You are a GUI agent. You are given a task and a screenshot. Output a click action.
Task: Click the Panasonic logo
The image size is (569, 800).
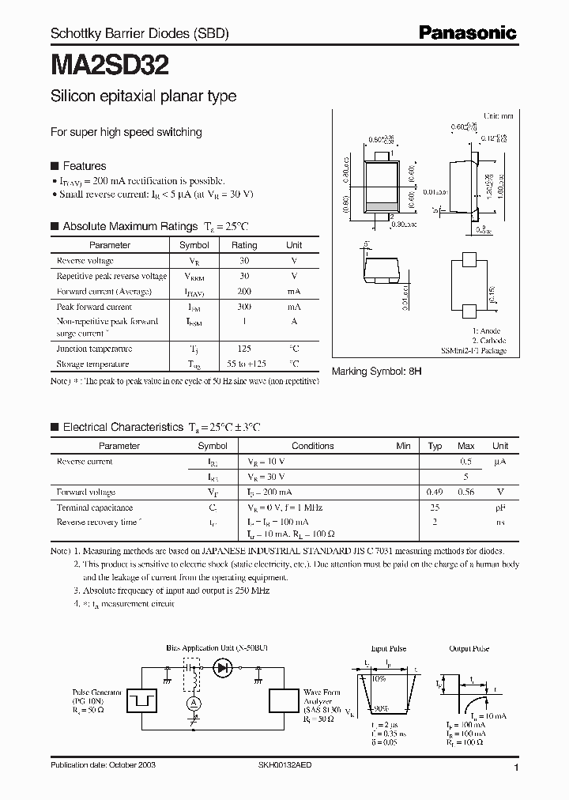[x=467, y=32]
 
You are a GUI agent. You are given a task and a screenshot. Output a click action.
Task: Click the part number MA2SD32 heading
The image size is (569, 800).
[x=110, y=64]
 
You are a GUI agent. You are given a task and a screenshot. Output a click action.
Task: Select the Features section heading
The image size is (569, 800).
[x=84, y=166]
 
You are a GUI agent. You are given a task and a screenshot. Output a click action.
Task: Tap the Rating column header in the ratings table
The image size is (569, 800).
[x=244, y=245]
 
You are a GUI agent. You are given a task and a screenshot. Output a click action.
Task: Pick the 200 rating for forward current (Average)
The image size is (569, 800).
[x=244, y=291]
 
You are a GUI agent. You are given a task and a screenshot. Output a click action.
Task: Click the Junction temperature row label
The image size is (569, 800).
[x=94, y=349]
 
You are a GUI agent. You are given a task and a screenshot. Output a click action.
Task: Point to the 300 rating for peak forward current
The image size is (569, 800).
[x=244, y=307]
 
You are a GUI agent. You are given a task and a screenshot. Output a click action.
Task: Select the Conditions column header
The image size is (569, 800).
[x=313, y=446]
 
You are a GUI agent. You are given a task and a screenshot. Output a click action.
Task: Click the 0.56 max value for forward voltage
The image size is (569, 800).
[x=466, y=492]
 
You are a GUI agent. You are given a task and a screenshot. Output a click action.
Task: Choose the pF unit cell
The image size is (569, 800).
[x=500, y=508]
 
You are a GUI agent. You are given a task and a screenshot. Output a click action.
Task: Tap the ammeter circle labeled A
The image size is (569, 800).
[x=190, y=702]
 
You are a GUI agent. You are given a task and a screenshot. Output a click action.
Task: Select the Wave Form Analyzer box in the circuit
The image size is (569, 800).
[x=284, y=700]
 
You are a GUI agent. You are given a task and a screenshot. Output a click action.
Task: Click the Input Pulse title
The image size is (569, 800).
[x=387, y=648]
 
